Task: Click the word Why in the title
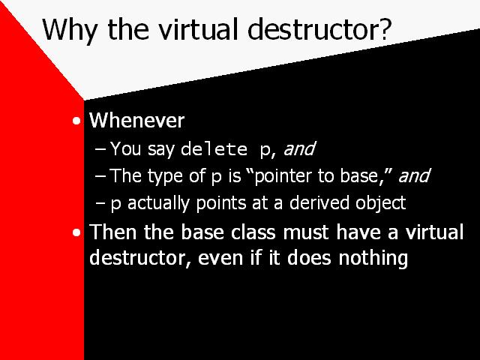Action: [70, 30]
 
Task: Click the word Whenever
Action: [136, 120]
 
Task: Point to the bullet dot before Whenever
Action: [76, 121]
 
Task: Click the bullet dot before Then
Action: [76, 232]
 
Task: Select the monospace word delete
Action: [214, 149]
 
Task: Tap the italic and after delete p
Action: [299, 148]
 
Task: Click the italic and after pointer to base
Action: [415, 175]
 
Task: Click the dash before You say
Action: [100, 149]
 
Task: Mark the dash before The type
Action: [100, 176]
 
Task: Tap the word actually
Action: [158, 203]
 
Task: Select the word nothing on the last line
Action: [373, 259]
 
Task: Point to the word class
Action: [253, 232]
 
